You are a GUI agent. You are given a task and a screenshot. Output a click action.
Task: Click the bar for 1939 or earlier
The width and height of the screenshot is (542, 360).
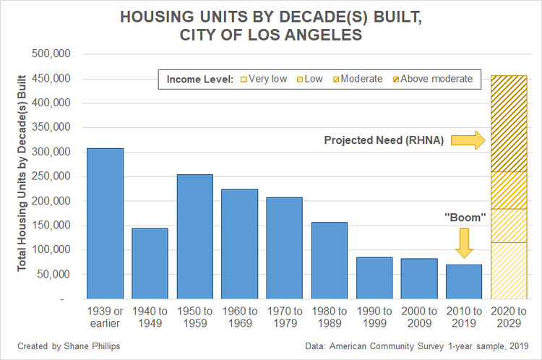click(105, 223)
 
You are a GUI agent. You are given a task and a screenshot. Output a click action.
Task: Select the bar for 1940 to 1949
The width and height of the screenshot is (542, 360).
click(150, 263)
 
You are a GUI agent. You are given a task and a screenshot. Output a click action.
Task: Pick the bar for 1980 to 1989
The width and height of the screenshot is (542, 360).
click(330, 260)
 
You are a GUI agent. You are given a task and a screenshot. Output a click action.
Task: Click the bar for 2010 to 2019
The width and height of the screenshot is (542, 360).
click(464, 281)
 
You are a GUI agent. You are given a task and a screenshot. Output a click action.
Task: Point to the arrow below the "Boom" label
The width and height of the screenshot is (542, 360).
click(464, 243)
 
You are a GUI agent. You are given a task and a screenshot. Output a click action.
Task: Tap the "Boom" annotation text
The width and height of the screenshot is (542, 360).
click(464, 217)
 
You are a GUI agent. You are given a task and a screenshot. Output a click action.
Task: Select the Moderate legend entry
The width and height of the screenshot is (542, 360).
click(361, 79)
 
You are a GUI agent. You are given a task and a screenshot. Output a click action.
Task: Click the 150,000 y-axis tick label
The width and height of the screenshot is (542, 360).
click(52, 226)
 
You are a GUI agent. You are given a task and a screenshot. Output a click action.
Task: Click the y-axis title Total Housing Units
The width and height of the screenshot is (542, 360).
click(22, 176)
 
